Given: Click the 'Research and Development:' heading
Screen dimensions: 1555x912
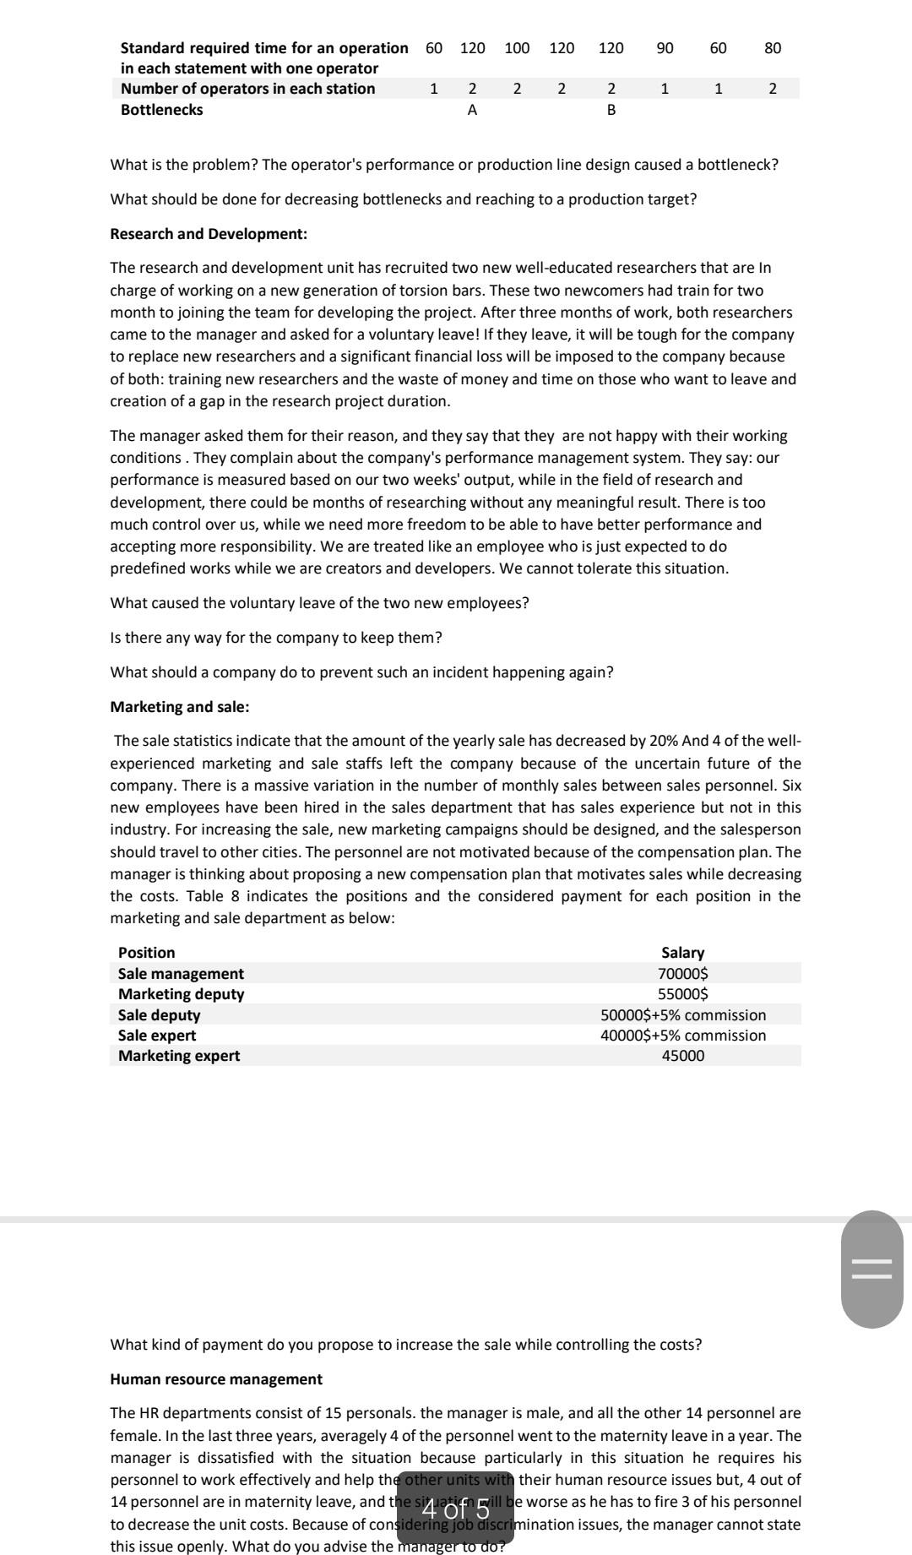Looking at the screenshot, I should [x=209, y=234].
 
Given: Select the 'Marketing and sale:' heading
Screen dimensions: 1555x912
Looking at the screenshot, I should [x=179, y=707].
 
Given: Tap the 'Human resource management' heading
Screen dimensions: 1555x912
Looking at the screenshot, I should [x=216, y=1379].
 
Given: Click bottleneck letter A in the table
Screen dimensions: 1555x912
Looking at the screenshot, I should [x=472, y=110].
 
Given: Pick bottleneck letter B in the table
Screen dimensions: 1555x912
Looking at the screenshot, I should [x=611, y=110].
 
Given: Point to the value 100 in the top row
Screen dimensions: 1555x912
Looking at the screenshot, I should [x=517, y=48].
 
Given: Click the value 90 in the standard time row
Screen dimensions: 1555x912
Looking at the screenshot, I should [x=665, y=48].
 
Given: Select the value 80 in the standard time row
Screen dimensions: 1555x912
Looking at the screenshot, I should [x=773, y=48].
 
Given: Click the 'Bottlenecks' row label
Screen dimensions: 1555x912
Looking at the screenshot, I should [x=161, y=110].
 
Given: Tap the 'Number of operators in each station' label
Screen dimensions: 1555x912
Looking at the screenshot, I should [x=247, y=89].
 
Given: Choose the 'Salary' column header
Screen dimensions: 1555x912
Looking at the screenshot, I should [x=682, y=953].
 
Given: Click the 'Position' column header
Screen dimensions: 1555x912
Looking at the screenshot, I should [x=147, y=953].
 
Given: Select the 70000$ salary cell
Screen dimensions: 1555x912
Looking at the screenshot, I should [x=682, y=974].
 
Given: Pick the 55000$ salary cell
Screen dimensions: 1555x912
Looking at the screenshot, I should [x=682, y=994].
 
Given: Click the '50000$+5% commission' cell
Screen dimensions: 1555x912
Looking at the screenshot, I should [x=682, y=1015].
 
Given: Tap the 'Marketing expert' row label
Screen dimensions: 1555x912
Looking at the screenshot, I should [x=179, y=1056].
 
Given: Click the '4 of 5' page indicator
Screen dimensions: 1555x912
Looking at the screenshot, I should [x=455, y=1508].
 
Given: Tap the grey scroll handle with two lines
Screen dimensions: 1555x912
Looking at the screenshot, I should [x=871, y=1269].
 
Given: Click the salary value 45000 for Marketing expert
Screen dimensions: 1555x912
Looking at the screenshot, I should [x=682, y=1056].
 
